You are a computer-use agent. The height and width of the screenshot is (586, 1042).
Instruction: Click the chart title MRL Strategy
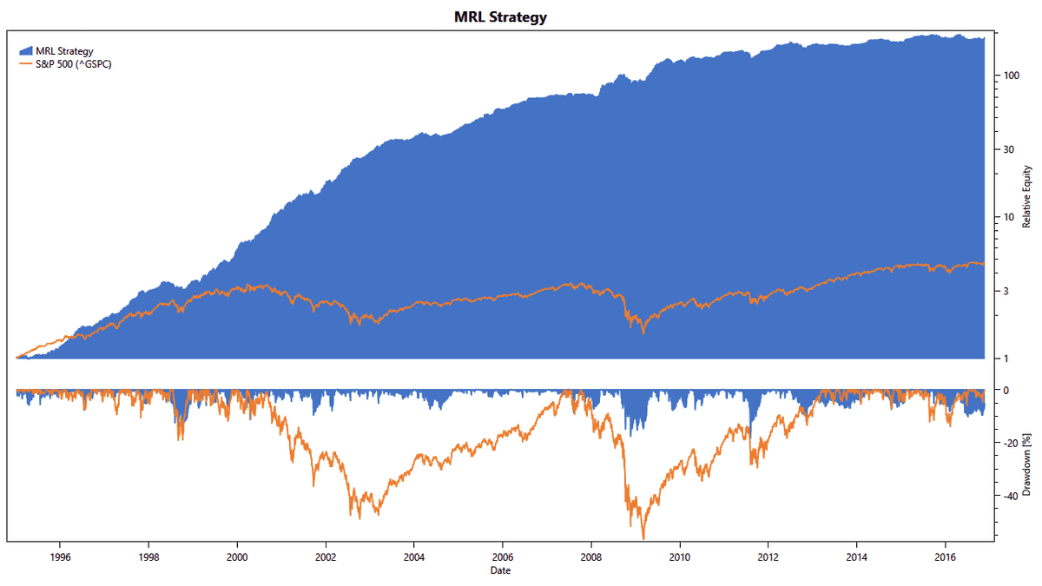(500, 17)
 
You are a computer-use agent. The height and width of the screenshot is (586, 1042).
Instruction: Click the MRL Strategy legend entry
(70, 50)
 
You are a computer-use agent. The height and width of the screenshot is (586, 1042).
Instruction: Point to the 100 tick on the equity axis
(1010, 76)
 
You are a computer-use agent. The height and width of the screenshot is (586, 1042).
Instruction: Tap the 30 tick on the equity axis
(1008, 149)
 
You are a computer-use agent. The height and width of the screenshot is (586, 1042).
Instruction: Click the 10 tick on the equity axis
(1008, 217)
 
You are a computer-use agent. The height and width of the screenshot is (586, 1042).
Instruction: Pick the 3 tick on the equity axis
(1006, 291)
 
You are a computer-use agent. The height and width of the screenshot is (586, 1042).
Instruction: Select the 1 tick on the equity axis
(1006, 359)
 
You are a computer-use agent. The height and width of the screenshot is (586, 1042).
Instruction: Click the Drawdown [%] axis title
(1026, 464)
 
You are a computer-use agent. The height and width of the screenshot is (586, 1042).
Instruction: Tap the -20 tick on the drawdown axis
(1012, 443)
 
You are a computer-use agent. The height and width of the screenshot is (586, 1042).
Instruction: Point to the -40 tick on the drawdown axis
(1012, 496)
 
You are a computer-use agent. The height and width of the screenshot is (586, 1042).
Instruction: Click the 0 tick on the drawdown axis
(1006, 390)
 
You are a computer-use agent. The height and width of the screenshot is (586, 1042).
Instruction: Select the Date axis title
(499, 570)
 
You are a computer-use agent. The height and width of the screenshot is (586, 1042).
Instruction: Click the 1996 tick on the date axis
(60, 557)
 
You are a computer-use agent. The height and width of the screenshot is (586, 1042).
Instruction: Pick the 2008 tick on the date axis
(591, 557)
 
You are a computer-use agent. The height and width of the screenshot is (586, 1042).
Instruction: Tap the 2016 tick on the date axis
(946, 557)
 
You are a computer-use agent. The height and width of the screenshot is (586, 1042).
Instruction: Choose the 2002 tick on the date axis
(326, 557)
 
